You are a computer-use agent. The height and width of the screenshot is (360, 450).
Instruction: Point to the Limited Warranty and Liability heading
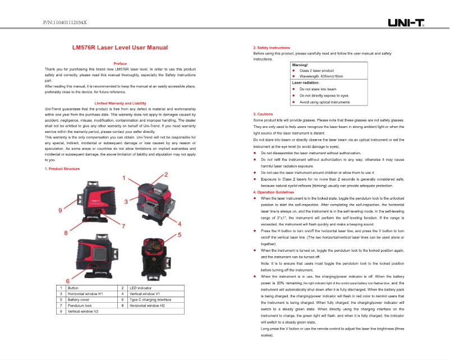(120, 103)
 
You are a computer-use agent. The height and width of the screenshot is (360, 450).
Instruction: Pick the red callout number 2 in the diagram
(166, 175)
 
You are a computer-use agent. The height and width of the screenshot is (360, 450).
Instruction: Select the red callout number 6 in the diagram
(67, 280)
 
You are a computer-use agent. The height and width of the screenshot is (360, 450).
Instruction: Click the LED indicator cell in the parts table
(141, 288)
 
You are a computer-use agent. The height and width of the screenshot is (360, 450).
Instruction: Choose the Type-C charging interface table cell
(149, 299)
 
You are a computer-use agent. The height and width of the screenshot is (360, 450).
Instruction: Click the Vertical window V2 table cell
(83, 311)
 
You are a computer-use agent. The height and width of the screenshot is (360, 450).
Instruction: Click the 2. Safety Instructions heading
(272, 48)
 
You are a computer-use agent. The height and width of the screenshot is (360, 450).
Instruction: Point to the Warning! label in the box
(300, 65)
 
